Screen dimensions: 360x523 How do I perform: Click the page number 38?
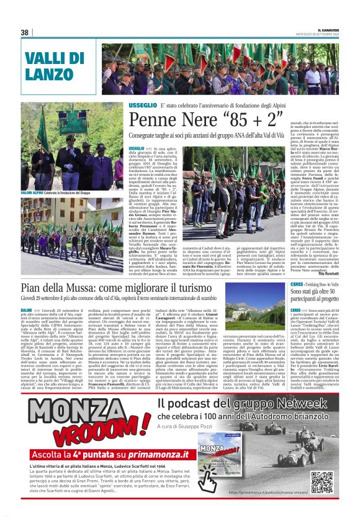point(25,32)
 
